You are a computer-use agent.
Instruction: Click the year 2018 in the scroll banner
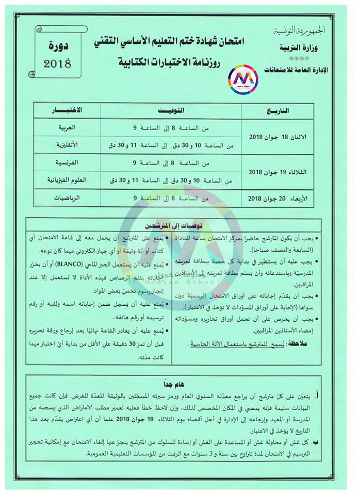tap(57, 64)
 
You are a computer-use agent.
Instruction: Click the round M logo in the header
tap(242, 79)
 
